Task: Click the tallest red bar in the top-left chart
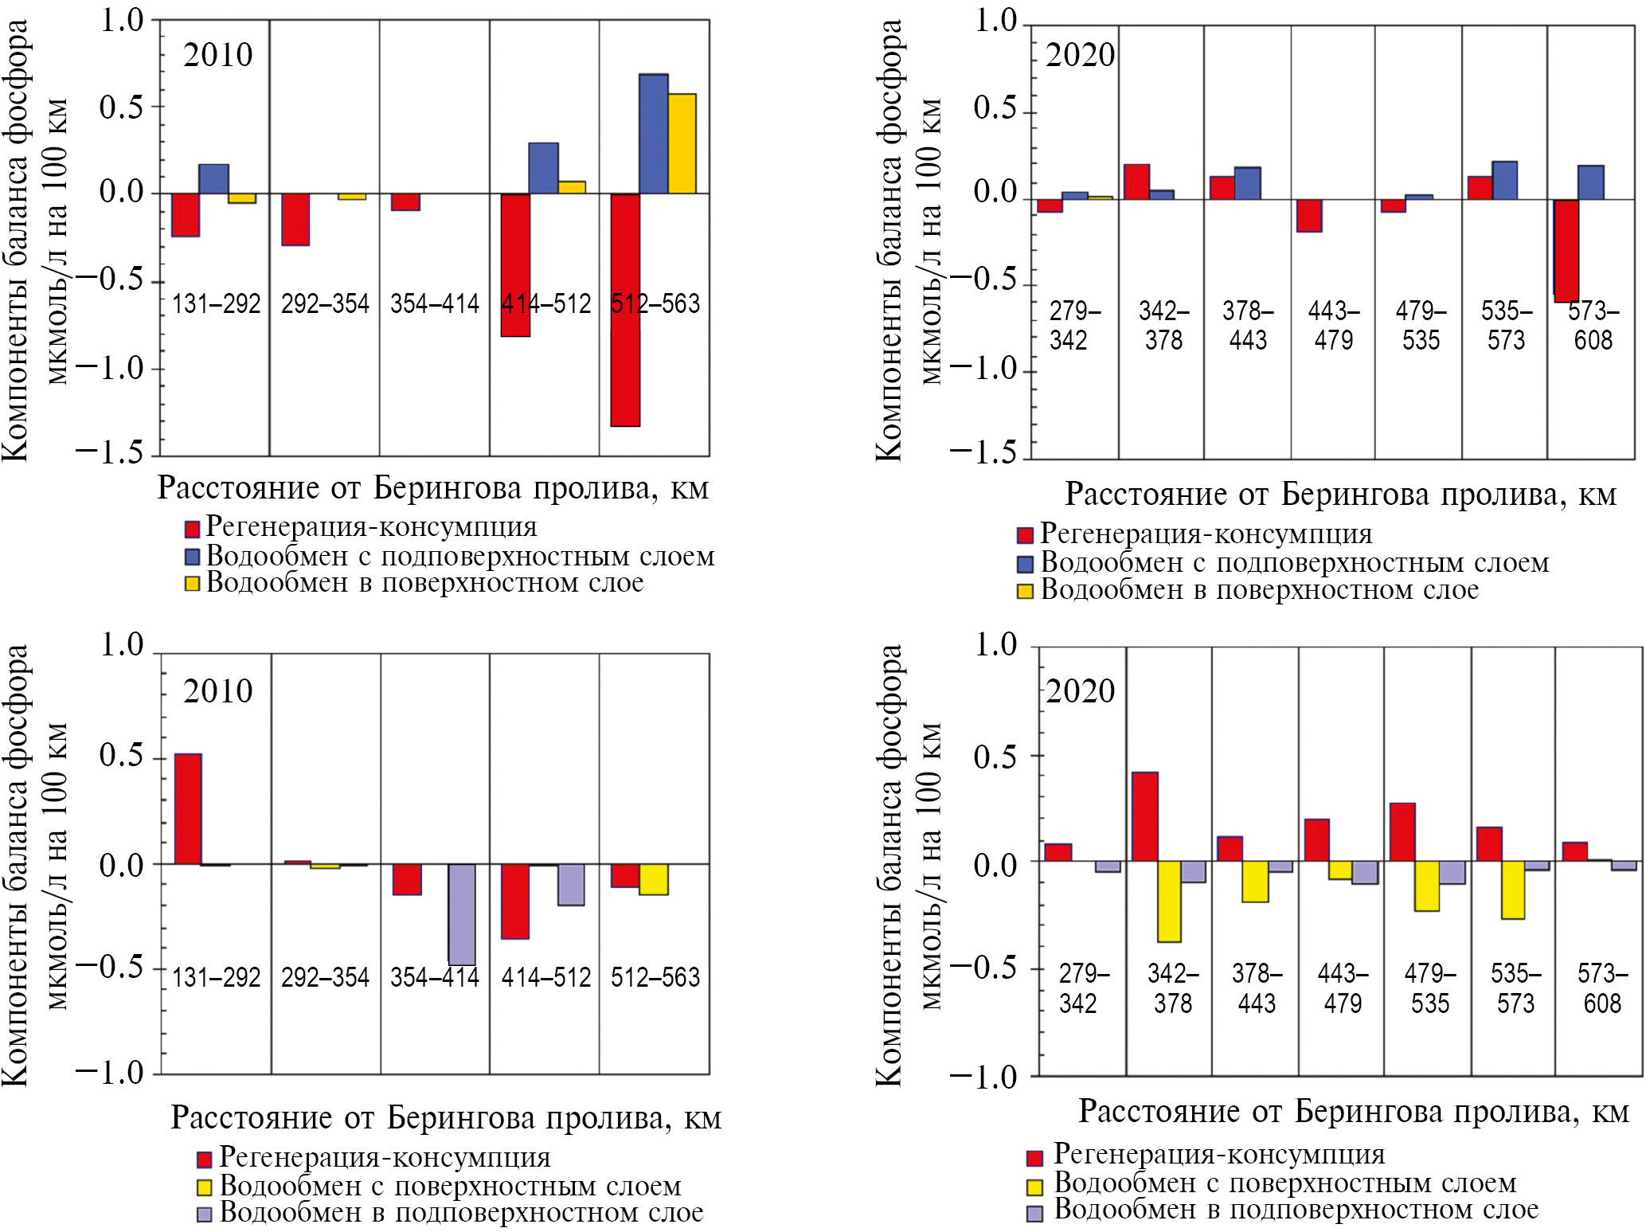(625, 311)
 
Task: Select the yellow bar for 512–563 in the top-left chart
(682, 144)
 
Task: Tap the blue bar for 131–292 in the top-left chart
(213, 179)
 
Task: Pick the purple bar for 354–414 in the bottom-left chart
(462, 914)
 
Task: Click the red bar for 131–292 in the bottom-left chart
(188, 808)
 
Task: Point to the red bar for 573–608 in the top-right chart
(1566, 251)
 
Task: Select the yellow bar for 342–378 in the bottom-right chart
(1169, 902)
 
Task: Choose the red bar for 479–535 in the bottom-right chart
(1402, 832)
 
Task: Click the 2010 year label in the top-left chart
(217, 56)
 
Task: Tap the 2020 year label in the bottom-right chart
(1080, 691)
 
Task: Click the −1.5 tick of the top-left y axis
(110, 452)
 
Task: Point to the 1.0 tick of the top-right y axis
(995, 21)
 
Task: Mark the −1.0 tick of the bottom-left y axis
(110, 1073)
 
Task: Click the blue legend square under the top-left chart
(192, 556)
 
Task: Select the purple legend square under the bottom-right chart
(1034, 1214)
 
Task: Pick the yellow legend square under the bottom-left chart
(205, 1187)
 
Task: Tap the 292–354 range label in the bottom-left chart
(325, 977)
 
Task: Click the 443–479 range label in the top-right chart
(1334, 325)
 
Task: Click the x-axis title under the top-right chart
(1340, 495)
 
